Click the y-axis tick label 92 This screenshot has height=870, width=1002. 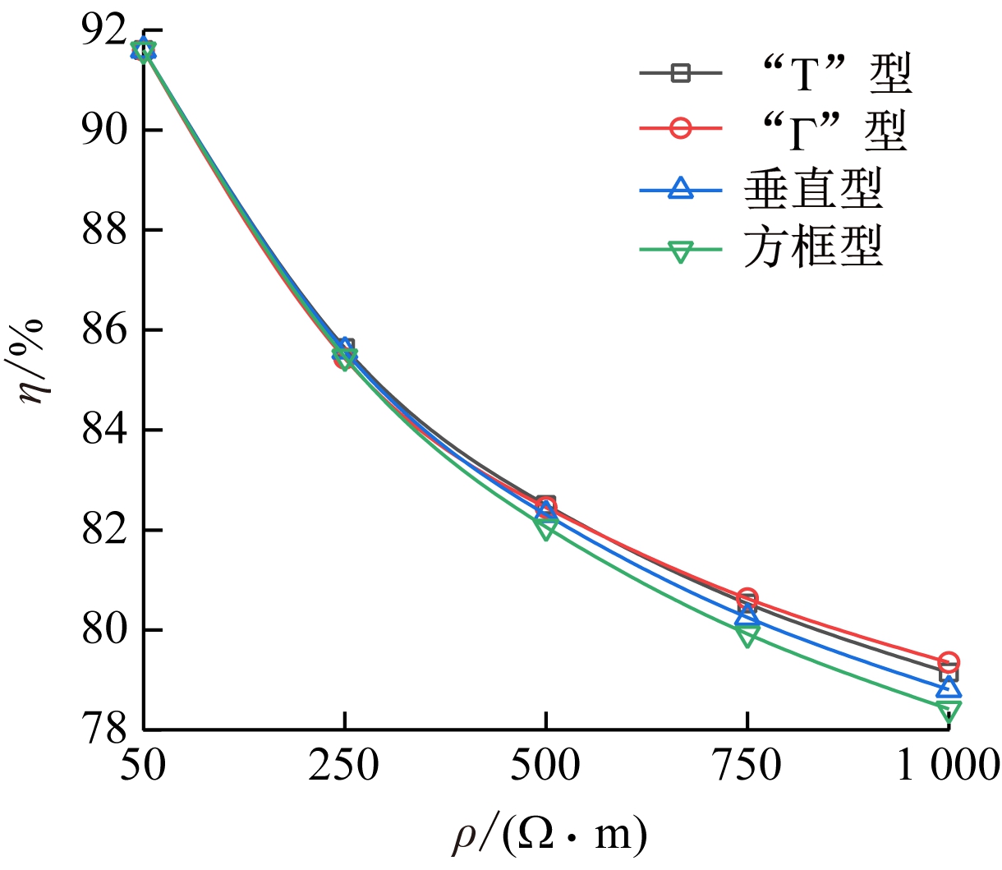pos(104,32)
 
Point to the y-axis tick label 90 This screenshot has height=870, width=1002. pos(104,130)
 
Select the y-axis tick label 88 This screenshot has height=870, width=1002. pos(104,230)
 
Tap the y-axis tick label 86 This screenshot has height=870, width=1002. pos(104,330)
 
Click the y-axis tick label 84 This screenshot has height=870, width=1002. pos(104,430)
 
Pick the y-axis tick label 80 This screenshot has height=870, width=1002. pos(104,630)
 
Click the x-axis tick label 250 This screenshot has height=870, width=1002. pos(344,766)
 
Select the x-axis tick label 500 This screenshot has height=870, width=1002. pos(545,766)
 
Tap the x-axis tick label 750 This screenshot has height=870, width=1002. pos(747,766)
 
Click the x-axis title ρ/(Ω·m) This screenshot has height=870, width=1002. pos(549,835)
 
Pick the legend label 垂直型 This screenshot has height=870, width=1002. pos(814,189)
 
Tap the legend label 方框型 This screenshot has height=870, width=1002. pos(814,247)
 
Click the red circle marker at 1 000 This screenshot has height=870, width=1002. pos(949,662)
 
